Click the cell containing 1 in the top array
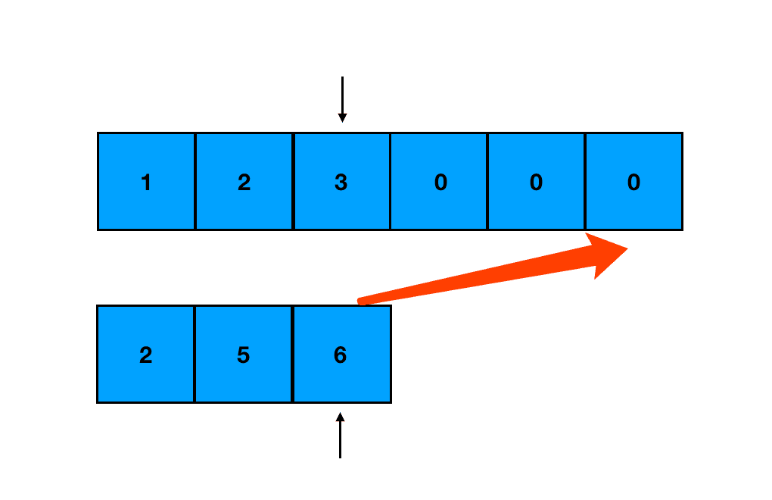pyautogui.click(x=146, y=181)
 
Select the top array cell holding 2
pyautogui.click(x=244, y=181)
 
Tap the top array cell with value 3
pyautogui.click(x=341, y=181)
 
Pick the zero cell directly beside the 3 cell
pyautogui.click(x=439, y=181)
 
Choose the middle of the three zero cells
pyautogui.click(x=536, y=181)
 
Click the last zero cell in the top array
pyautogui.click(x=633, y=181)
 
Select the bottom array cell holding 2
pyautogui.click(x=145, y=354)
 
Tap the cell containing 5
pyautogui.click(x=243, y=354)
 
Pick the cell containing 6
pyautogui.click(x=341, y=354)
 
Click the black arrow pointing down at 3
pyautogui.click(x=342, y=98)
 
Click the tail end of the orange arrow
pyautogui.click(x=363, y=302)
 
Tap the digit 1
pyautogui.click(x=146, y=182)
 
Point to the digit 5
pyautogui.click(x=243, y=355)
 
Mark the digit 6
pyautogui.click(x=340, y=355)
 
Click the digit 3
pyautogui.click(x=341, y=182)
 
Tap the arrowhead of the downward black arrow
pyautogui.click(x=342, y=117)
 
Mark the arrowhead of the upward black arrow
pyautogui.click(x=340, y=417)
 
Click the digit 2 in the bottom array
pyautogui.click(x=145, y=355)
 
